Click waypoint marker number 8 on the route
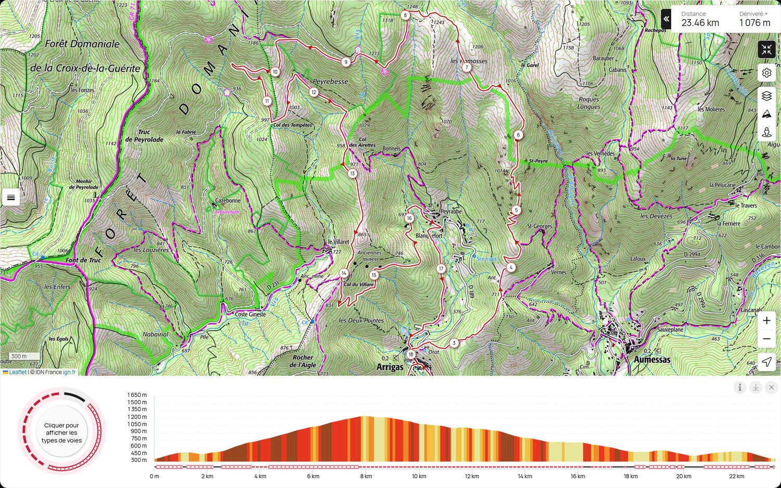click(x=405, y=15)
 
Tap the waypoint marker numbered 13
click(x=352, y=173)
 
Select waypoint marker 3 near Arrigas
click(x=454, y=343)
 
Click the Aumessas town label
click(x=652, y=359)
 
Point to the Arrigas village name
click(x=390, y=367)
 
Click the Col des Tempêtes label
click(x=293, y=125)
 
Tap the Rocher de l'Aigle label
click(x=303, y=361)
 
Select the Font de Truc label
click(x=83, y=260)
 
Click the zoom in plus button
click(x=766, y=320)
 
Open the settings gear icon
click(x=766, y=73)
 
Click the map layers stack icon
click(x=766, y=96)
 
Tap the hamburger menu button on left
click(x=11, y=197)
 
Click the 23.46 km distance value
click(x=700, y=23)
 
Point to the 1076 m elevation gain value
click(x=754, y=23)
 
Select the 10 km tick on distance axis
click(x=419, y=476)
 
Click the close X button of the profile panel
click(x=771, y=387)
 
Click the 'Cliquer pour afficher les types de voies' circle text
click(x=61, y=432)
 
